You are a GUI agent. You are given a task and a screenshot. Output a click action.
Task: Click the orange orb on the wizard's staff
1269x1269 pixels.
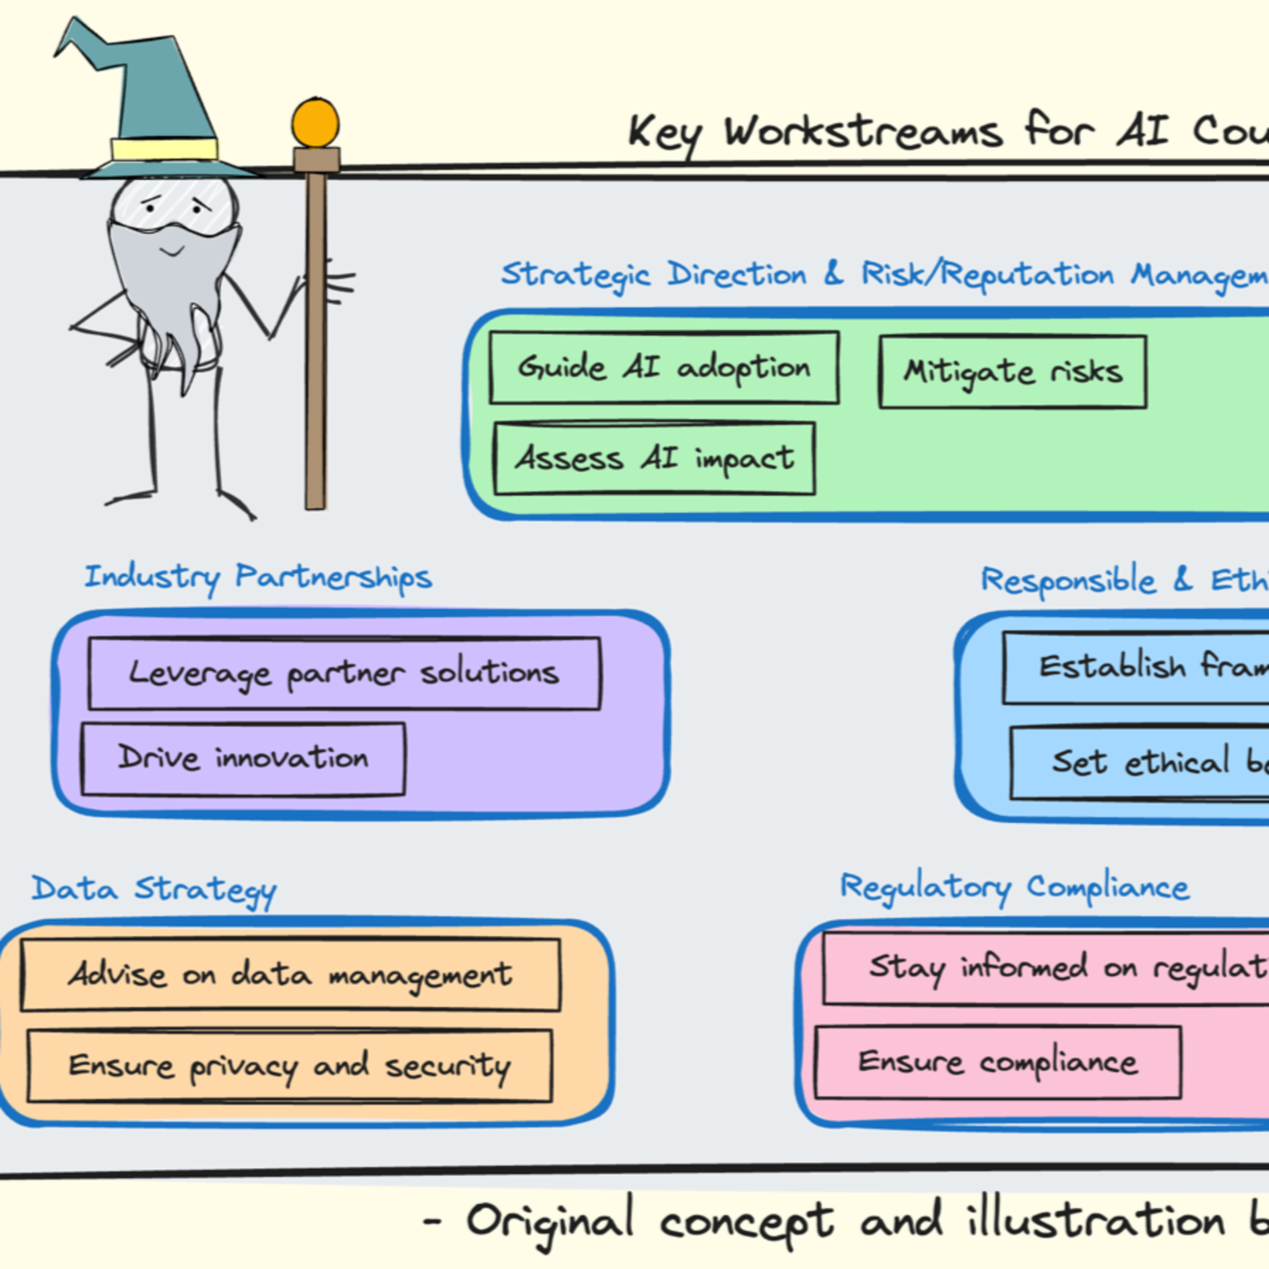315,123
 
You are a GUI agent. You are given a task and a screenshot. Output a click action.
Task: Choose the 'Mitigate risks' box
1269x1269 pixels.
1013,372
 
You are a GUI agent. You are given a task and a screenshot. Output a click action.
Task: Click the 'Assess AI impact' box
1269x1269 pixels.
654,458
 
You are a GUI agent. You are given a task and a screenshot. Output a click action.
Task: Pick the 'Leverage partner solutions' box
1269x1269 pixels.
344,673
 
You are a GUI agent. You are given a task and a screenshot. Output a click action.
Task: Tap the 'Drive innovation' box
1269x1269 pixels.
243,758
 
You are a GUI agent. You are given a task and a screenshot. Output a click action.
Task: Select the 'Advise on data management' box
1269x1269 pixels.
290,974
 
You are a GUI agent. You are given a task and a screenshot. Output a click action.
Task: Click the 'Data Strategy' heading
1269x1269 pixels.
154,889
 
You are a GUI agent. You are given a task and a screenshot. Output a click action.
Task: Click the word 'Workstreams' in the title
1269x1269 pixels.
864,132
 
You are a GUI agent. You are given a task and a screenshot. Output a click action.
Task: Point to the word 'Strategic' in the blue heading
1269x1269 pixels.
575,275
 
